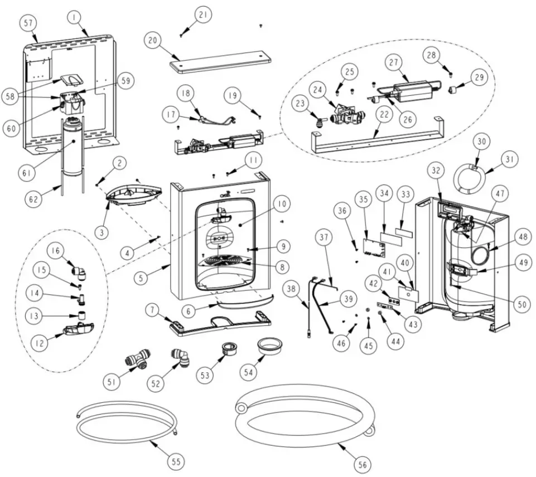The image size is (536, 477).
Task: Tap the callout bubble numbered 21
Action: coord(203,15)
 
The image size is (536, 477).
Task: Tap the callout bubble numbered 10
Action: coord(281,205)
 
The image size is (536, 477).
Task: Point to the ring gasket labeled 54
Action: coord(270,345)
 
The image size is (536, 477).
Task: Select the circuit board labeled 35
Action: coord(370,246)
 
